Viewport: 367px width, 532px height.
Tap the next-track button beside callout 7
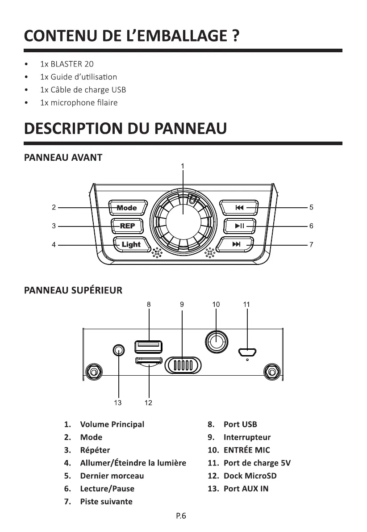pos(237,244)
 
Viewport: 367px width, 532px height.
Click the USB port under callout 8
pos(148,346)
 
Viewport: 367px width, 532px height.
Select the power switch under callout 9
pos(182,365)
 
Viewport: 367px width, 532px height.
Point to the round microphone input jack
pos(216,343)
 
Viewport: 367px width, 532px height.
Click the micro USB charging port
pos(246,352)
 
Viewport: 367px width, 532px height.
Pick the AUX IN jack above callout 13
pos(118,350)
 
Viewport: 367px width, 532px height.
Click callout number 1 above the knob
pos(183,166)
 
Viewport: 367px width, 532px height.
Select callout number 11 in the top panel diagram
pos(246,304)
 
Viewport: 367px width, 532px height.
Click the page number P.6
pos(181,516)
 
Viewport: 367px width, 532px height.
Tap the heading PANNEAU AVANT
pos(63,158)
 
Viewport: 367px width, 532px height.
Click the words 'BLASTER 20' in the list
pos(72,64)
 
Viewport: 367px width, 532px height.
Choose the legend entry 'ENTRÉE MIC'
pos(246,450)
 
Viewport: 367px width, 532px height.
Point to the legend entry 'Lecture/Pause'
pos(107,489)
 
